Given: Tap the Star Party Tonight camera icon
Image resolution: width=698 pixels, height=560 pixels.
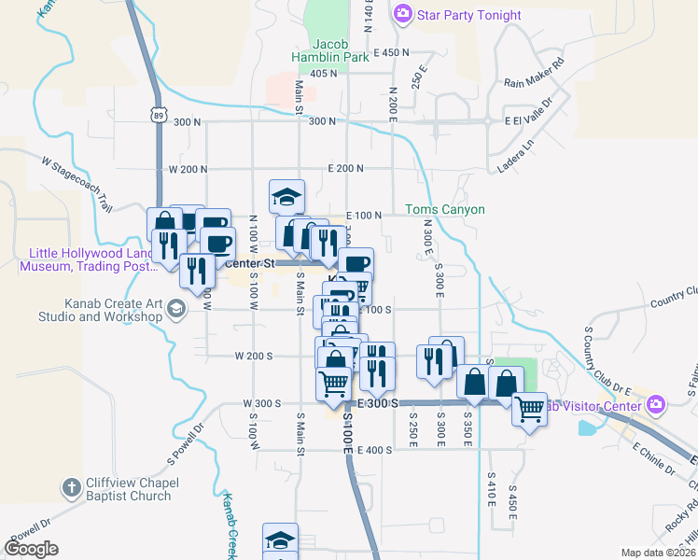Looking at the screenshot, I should pos(402,13).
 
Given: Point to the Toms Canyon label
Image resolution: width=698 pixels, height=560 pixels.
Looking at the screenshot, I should pos(445,210).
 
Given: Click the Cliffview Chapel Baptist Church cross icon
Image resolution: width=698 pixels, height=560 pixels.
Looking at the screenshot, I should pos(71,486).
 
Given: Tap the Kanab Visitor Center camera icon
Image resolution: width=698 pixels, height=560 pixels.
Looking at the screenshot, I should pos(657,404).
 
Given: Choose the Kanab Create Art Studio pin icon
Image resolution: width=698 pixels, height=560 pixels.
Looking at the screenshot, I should pos(176,315).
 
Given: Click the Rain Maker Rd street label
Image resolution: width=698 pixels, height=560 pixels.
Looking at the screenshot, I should pos(535,72).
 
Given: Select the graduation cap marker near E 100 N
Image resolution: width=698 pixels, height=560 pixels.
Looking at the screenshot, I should pos(286,197).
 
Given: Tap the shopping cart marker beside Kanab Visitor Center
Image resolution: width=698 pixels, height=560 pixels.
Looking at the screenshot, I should pos(529,408).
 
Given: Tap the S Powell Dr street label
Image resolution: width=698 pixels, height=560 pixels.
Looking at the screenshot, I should pos(185,446).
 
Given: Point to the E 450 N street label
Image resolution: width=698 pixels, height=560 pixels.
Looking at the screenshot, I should pos(391,52).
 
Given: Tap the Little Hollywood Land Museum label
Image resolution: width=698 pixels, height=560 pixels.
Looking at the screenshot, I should pos(91,260).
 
